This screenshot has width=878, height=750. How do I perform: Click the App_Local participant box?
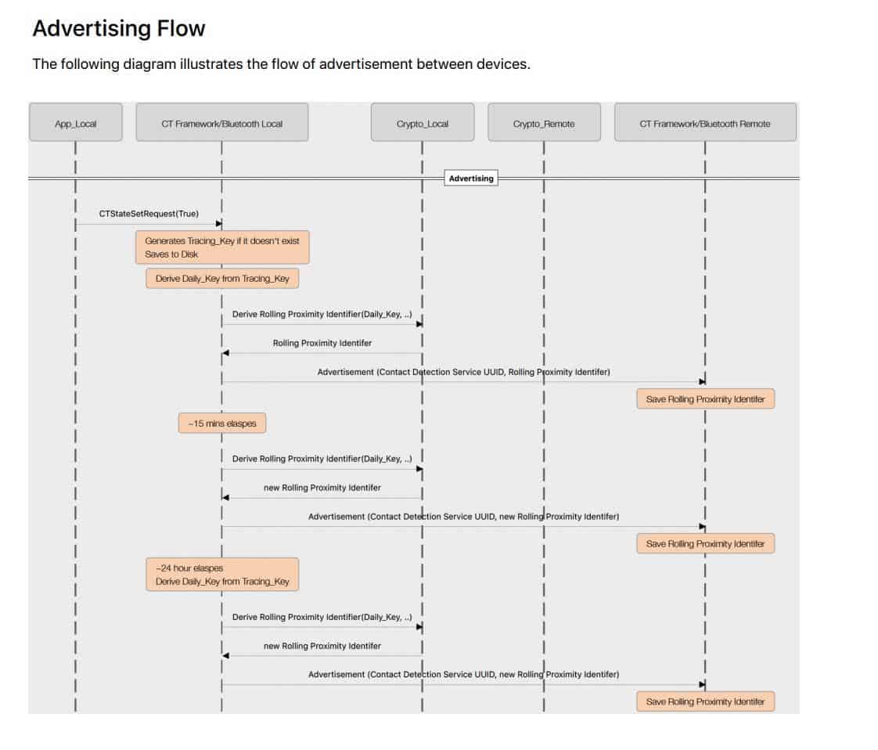coord(76,122)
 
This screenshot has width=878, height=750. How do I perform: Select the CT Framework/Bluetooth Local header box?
coord(221,122)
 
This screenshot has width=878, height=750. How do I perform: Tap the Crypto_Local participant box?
coord(423,122)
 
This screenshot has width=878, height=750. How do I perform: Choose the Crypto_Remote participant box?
coord(544,122)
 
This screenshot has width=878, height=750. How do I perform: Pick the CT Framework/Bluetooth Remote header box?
coord(705,122)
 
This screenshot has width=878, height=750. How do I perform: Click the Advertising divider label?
coord(471,178)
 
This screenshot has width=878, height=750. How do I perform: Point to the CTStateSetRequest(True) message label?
coord(149,214)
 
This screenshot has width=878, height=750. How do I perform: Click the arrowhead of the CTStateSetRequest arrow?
coord(219,223)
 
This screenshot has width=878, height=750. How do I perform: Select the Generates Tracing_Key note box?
coord(222,247)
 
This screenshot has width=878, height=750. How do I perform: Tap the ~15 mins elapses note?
coord(222,424)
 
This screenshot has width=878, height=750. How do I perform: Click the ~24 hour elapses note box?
coord(222,574)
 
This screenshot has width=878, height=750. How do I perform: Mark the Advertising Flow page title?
coord(119,28)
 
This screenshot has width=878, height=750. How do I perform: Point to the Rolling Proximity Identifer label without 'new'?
coord(322,343)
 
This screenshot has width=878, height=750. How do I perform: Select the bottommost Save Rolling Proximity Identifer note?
coord(706,701)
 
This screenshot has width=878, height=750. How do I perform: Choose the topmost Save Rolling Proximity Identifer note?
coord(706,398)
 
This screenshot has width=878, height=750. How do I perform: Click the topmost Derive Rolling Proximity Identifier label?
coord(322,314)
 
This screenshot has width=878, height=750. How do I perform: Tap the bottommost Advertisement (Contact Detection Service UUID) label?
coord(463,674)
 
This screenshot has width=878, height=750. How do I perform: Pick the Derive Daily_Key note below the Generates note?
coord(222,279)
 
